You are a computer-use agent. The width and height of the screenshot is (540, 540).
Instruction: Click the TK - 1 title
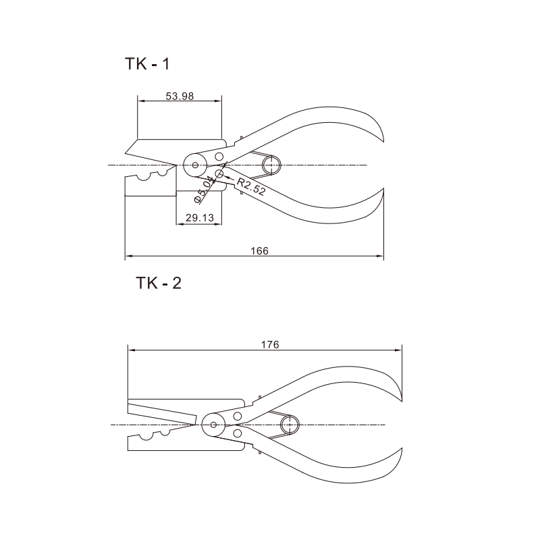(147, 64)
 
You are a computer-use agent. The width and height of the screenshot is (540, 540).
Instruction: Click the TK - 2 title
(159, 283)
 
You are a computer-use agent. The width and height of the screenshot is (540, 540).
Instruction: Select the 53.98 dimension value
(180, 96)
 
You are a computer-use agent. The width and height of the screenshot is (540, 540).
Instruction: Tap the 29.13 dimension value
(200, 217)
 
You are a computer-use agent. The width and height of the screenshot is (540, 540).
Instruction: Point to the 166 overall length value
(259, 250)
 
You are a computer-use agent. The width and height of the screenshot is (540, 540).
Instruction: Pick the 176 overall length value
(270, 344)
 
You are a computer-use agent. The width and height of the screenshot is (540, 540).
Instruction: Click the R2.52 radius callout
(251, 187)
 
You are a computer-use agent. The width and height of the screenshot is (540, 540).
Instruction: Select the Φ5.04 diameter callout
(204, 189)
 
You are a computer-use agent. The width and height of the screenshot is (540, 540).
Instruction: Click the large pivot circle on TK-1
(195, 165)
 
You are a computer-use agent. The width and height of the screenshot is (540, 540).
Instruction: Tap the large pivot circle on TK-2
(213, 425)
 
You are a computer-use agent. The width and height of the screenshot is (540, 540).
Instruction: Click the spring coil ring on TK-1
(272, 165)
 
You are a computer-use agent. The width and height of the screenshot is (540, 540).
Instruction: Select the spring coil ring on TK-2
(290, 425)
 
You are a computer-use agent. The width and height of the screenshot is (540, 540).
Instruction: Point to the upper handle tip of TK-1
(383, 142)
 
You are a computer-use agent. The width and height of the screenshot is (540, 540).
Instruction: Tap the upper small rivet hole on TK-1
(219, 157)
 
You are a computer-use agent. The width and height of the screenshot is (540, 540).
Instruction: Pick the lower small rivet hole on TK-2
(238, 433)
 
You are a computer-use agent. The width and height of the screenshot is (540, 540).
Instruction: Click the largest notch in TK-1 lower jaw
(144, 177)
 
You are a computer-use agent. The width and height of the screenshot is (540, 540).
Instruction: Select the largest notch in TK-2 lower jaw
(146, 437)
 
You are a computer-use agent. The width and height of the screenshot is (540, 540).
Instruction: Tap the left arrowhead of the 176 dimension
(132, 350)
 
